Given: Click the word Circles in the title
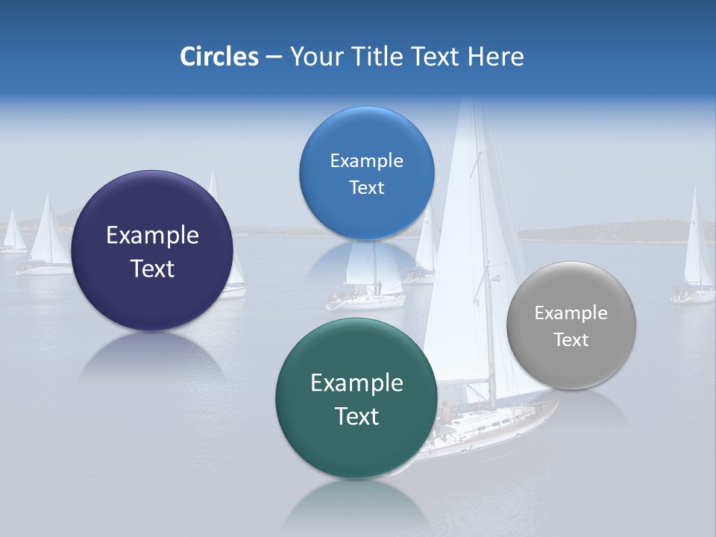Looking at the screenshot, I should (219, 57).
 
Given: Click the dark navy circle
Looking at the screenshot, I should (152, 250).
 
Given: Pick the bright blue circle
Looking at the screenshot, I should (366, 173).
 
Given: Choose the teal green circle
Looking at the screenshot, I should (357, 398).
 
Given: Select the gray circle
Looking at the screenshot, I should (571, 325).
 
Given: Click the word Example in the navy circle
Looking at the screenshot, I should (152, 236).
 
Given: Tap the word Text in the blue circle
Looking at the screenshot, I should (366, 188).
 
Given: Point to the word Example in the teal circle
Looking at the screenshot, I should (357, 383).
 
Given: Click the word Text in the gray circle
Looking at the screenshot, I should (571, 340).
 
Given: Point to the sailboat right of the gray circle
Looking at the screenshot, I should (695, 254).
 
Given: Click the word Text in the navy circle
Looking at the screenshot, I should (152, 268).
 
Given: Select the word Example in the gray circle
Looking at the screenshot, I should (571, 313).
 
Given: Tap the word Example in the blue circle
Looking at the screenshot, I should (366, 161).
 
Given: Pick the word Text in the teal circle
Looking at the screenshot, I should (357, 416).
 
